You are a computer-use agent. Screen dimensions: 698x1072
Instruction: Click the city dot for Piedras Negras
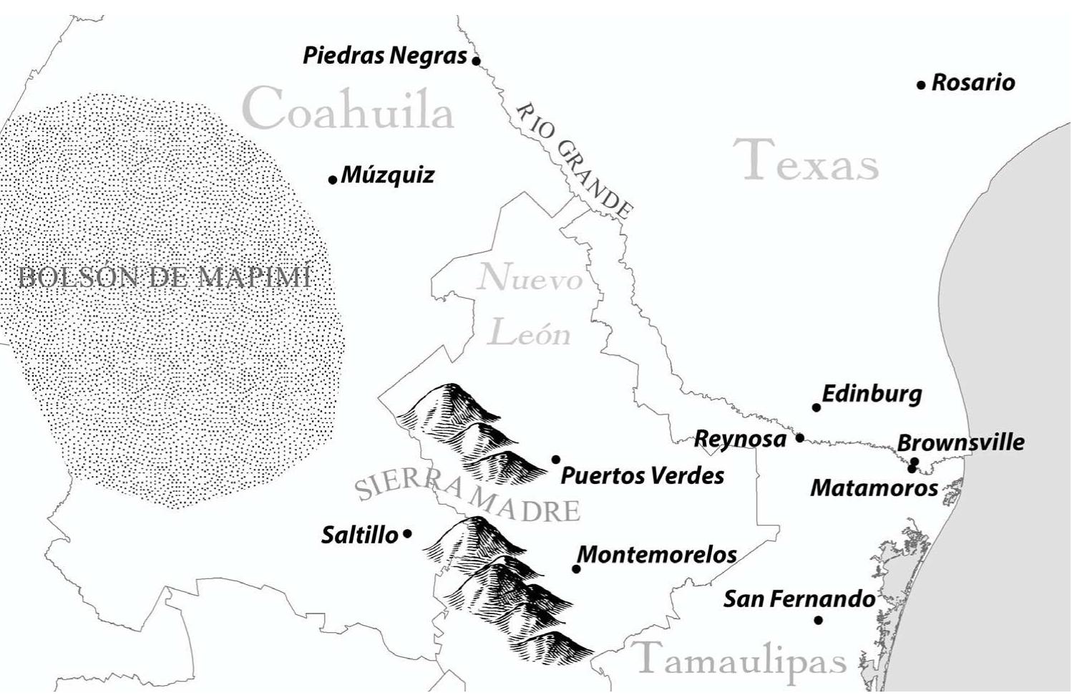pyautogui.click(x=476, y=61)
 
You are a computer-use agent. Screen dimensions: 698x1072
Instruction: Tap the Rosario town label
pyautogui.click(x=973, y=82)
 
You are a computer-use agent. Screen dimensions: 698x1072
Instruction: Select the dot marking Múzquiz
pyautogui.click(x=332, y=179)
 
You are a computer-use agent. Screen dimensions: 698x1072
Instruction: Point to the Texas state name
pyautogui.click(x=806, y=161)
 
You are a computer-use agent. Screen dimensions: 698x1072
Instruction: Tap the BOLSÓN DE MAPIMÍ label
pyautogui.click(x=165, y=278)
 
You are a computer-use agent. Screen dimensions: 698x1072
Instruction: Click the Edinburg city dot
pyautogui.click(x=816, y=407)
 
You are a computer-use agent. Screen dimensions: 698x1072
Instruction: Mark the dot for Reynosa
pyautogui.click(x=799, y=437)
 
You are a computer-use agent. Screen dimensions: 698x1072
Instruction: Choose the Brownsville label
pyautogui.click(x=960, y=442)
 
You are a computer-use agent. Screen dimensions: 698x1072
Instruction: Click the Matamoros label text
pyautogui.click(x=874, y=488)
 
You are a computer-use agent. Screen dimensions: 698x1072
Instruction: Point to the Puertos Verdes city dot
pyautogui.click(x=555, y=460)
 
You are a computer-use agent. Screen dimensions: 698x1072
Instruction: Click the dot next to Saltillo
pyautogui.click(x=407, y=533)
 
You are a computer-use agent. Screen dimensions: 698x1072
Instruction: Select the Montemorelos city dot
pyautogui.click(x=576, y=569)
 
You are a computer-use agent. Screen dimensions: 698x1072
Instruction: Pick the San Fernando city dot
pyautogui.click(x=818, y=620)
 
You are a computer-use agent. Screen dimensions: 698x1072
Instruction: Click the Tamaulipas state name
pyautogui.click(x=741, y=659)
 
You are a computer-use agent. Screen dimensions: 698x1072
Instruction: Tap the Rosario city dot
pyautogui.click(x=921, y=85)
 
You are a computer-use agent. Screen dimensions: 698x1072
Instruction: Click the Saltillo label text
pyautogui.click(x=359, y=535)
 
